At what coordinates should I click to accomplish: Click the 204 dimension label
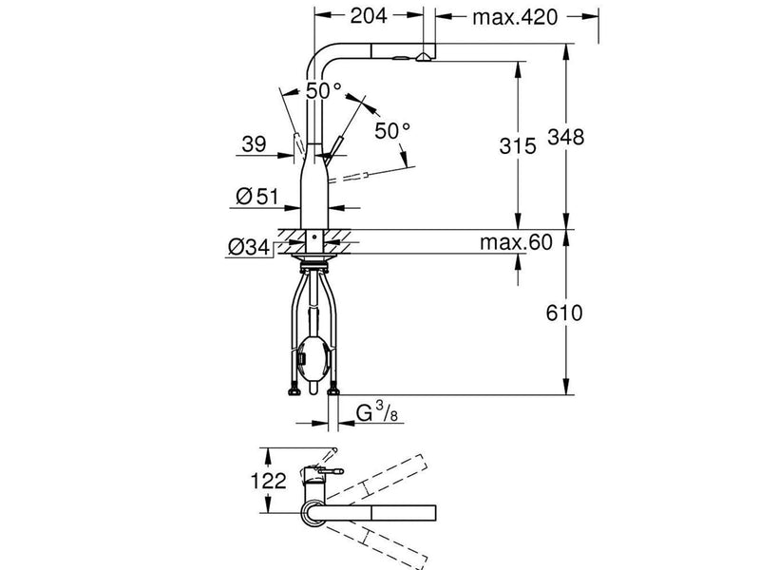click(x=369, y=16)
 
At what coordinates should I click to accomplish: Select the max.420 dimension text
click(x=515, y=17)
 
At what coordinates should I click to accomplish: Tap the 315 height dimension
click(x=518, y=145)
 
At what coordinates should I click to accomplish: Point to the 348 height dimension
click(x=566, y=137)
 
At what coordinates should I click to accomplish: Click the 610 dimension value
click(x=564, y=313)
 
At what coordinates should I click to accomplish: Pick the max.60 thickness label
click(x=516, y=242)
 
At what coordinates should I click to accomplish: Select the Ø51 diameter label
click(x=257, y=197)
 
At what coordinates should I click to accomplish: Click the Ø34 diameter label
click(x=249, y=247)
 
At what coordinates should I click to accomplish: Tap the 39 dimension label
click(x=254, y=144)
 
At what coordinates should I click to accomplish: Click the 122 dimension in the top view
click(x=268, y=482)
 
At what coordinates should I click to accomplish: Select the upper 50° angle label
click(x=324, y=90)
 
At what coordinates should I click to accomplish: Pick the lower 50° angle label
click(x=392, y=131)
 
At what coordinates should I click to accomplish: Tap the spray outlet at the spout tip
click(x=423, y=57)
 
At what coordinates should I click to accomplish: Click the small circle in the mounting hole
click(x=314, y=237)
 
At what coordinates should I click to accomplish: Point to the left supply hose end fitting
click(x=294, y=390)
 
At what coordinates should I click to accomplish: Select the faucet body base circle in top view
click(x=314, y=513)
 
